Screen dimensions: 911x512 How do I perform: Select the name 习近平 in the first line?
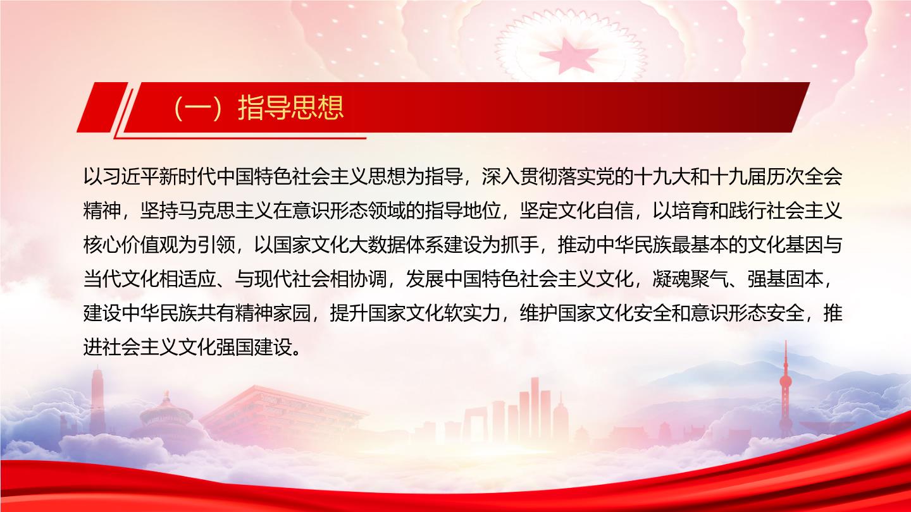pos(121,178)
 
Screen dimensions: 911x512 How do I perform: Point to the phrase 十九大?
pos(662,178)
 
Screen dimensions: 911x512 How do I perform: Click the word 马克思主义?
pos(225,211)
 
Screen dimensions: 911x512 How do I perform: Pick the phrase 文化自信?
pos(595,211)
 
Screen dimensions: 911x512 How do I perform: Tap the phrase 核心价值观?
pos(130,245)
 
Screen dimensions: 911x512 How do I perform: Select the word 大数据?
pos(377,245)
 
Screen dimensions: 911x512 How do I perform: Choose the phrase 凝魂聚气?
pos(690,279)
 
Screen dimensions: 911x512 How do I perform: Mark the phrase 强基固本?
pos(785,279)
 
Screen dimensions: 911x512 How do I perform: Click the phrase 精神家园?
pos(273,314)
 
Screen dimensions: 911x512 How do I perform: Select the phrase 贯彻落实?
pos(557,178)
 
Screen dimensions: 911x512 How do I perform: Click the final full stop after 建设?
pos(297,353)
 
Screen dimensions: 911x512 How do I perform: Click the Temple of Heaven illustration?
pos(166,418)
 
